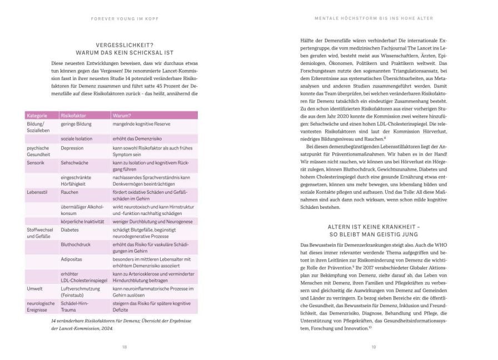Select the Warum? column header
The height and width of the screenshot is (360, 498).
[123, 116]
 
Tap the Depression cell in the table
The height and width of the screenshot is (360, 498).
[73, 148]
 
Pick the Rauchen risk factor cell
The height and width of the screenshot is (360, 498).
[70, 192]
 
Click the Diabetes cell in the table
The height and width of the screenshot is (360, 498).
[70, 229]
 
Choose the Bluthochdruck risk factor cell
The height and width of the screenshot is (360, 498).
[76, 244]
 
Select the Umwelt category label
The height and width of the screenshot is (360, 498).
[35, 289]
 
